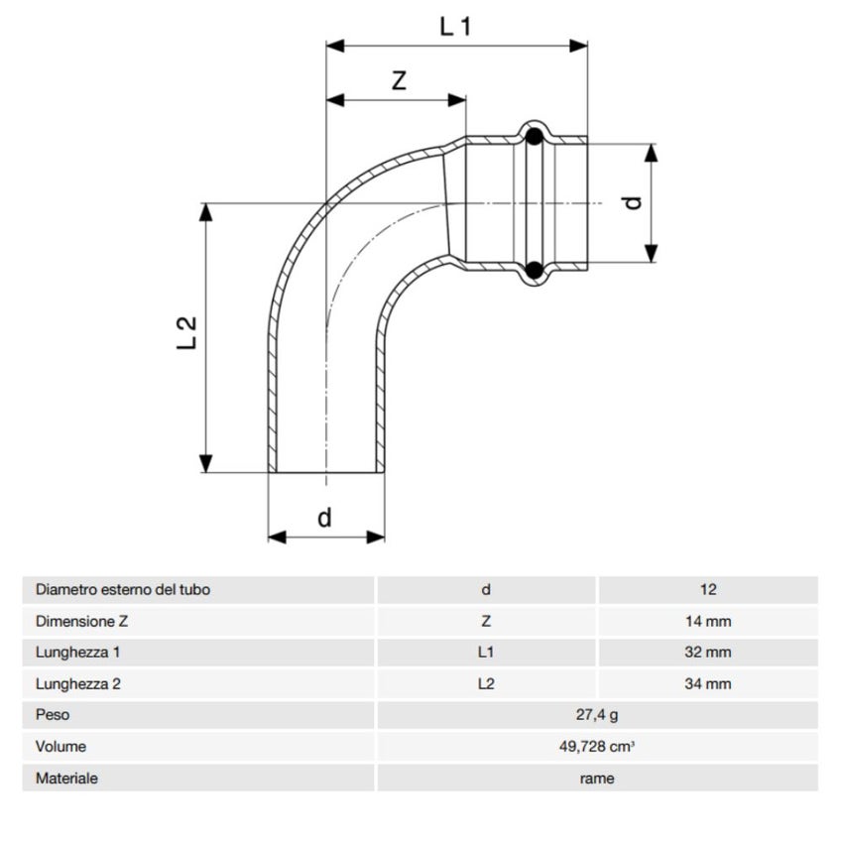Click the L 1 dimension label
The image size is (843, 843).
455,27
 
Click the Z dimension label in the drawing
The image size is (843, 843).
399,81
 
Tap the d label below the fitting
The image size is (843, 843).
324,517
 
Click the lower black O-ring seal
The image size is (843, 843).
534,269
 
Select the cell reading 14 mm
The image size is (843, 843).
707,621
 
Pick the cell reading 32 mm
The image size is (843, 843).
707,653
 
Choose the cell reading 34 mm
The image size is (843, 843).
707,684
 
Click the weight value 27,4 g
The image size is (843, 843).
597,715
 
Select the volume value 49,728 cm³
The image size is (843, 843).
597,747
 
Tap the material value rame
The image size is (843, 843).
597,779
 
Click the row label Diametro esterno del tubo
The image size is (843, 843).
123,589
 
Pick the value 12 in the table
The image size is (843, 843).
707,589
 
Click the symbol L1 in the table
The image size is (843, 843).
485,653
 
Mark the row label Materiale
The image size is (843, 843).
66,779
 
